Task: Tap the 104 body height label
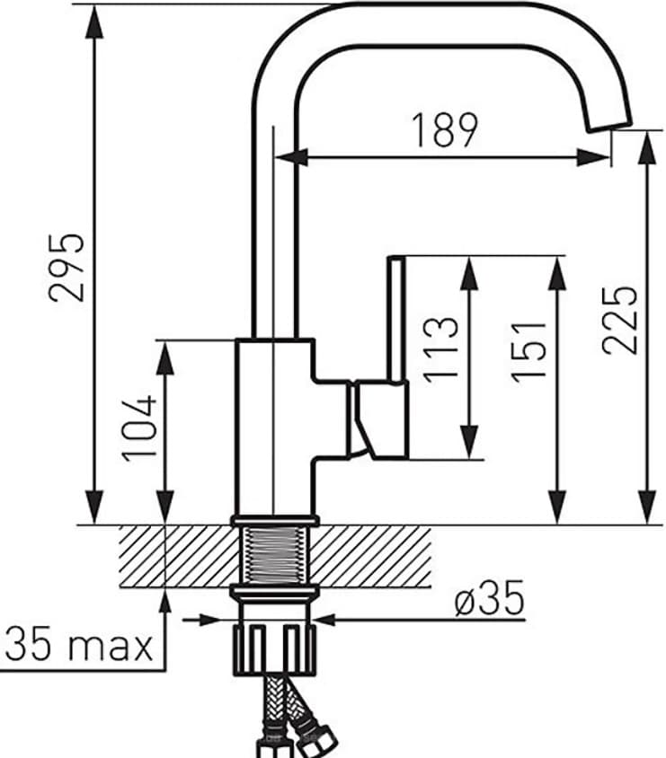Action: click(x=141, y=428)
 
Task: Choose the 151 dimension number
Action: click(x=530, y=350)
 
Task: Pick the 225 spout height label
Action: click(x=620, y=321)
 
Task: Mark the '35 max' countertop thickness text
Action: click(x=79, y=644)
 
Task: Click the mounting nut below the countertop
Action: click(x=274, y=647)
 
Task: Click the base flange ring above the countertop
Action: click(x=274, y=520)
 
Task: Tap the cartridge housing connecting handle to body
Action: click(x=360, y=418)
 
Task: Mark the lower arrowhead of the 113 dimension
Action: click(x=469, y=445)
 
